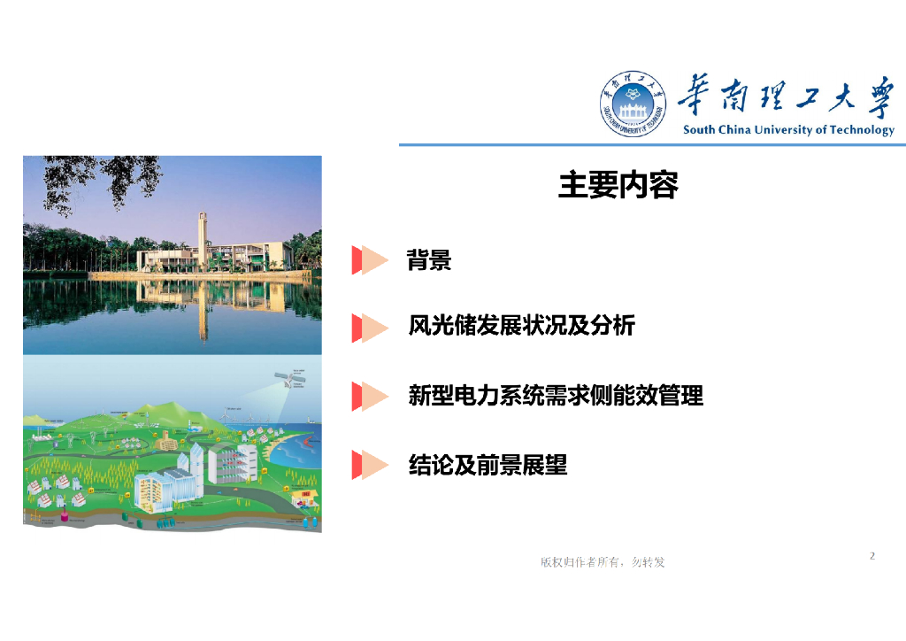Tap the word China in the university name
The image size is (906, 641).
click(x=733, y=130)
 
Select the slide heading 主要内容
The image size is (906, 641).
click(x=618, y=185)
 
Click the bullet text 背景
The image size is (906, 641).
click(x=429, y=260)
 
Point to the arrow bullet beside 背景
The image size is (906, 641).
click(x=371, y=260)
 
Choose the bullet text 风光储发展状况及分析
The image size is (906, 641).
click(x=521, y=326)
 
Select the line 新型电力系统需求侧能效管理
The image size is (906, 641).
click(x=556, y=396)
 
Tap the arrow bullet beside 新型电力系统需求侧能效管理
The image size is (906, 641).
click(x=371, y=396)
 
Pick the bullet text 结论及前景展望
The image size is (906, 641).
click(x=488, y=465)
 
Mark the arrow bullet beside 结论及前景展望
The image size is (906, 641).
click(x=371, y=465)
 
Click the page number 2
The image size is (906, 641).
click(x=872, y=556)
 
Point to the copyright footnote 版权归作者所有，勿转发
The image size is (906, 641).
click(x=603, y=562)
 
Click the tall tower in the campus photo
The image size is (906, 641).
click(x=203, y=239)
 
